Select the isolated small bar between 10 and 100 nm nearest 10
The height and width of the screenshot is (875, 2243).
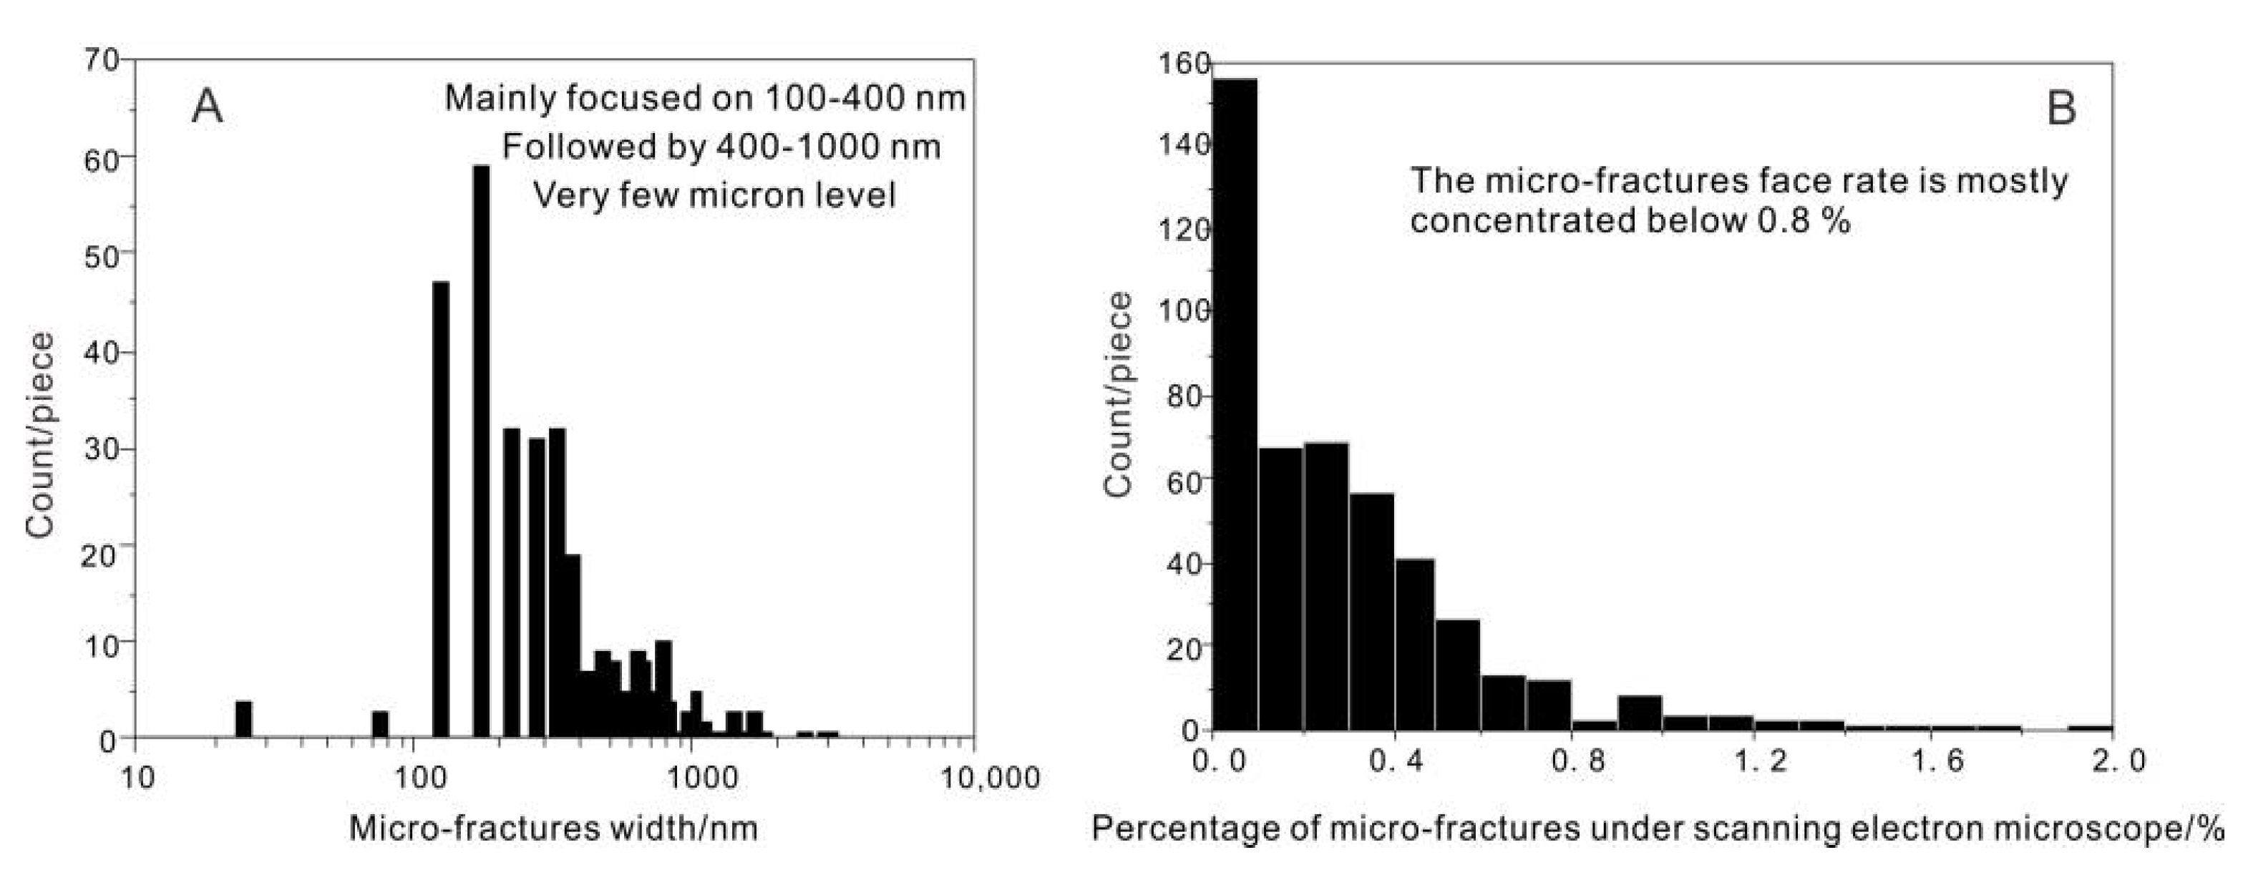tap(244, 719)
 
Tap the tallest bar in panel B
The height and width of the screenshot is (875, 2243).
tap(1235, 404)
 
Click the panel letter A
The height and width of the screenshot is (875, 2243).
tap(208, 107)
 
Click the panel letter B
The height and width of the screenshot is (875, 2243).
tap(2061, 109)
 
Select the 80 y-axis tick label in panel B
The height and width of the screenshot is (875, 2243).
tap(1184, 396)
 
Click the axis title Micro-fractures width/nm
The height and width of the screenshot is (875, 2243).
tap(553, 828)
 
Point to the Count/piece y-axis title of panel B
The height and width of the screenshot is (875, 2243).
tap(1118, 394)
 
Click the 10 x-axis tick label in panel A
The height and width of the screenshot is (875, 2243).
tap(137, 778)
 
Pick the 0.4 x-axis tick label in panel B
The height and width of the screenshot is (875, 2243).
tap(1396, 762)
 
